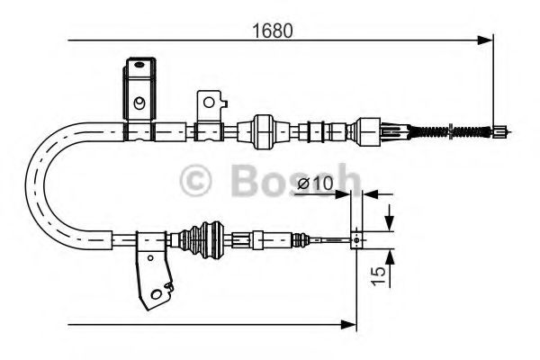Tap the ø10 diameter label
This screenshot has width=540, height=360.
coord(314,184)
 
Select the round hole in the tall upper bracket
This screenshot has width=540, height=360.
coord(139,103)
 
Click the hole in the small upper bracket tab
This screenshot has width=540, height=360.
coord(209,100)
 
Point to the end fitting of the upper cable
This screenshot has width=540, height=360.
coord(497,133)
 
